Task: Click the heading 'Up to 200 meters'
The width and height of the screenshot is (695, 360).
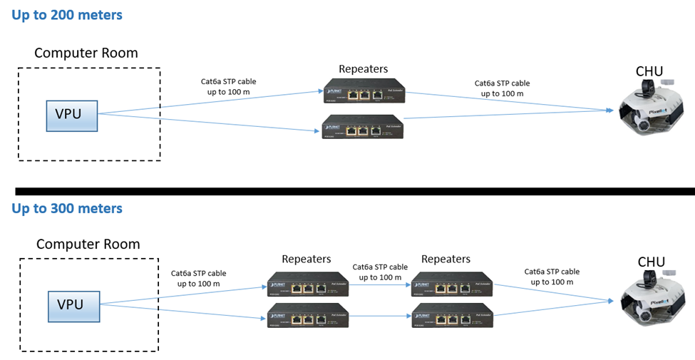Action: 67,14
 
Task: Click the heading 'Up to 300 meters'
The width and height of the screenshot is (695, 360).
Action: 67,208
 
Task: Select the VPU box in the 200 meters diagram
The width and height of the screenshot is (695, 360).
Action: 72,113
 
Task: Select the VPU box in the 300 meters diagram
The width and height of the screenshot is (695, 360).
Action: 74,305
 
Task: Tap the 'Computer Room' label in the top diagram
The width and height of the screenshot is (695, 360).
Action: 86,53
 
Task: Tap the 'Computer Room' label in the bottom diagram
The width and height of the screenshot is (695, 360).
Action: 88,243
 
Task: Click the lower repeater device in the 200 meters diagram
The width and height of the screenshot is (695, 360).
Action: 363,126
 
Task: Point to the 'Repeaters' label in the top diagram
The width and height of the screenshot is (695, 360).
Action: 364,69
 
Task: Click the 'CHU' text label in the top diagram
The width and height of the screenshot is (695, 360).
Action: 649,71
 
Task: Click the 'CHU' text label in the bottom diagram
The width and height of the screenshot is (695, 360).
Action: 651,262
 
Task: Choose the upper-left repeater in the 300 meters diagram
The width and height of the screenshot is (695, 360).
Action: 307,285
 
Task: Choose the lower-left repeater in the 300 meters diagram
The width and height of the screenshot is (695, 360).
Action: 307,315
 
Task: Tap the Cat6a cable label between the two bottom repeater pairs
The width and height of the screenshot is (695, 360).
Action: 380,272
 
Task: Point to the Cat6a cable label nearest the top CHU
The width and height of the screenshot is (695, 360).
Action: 503,88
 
